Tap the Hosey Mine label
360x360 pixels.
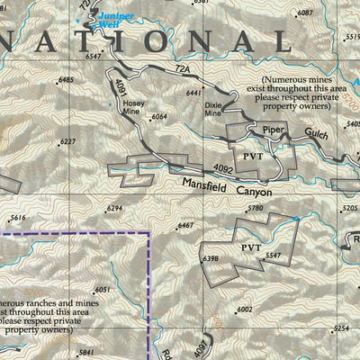click(133, 108)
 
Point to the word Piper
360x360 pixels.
click(274, 130)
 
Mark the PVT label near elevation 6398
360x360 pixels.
click(250, 246)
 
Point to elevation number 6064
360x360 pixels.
click(159, 117)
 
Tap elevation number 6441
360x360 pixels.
click(193, 93)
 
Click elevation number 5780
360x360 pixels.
click(281, 209)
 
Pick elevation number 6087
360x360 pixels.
click(305, 13)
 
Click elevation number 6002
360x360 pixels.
click(244, 309)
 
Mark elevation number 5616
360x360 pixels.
click(18, 218)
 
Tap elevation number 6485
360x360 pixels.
click(66, 80)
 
